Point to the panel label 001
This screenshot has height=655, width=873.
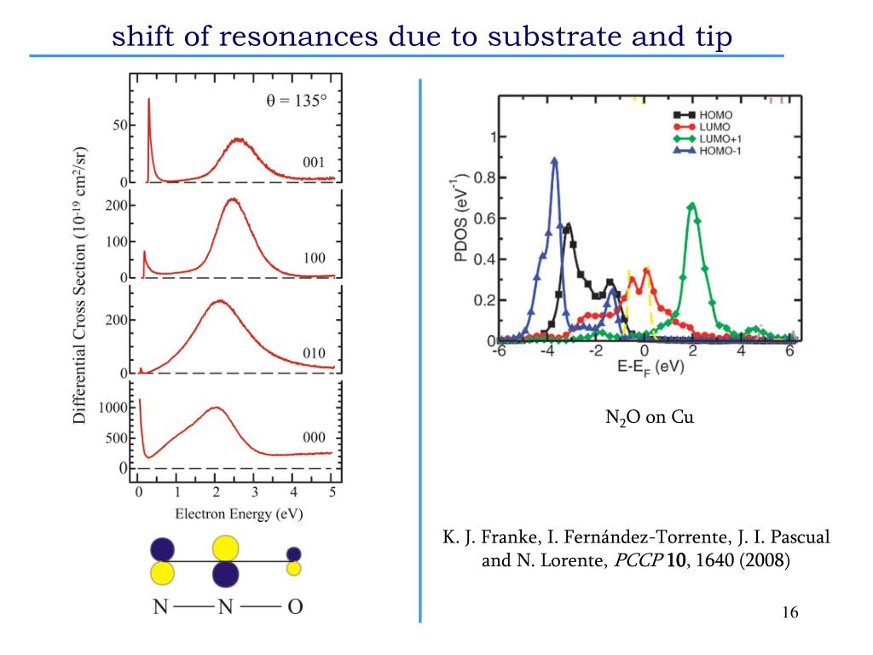[x=315, y=161]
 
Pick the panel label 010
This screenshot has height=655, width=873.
[x=315, y=353]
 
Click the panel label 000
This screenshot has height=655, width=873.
[x=315, y=437]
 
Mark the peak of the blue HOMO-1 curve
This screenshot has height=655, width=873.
[x=555, y=159]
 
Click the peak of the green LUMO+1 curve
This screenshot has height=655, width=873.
[x=692, y=205]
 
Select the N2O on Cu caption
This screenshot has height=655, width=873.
[x=644, y=418]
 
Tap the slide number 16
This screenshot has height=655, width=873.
[x=789, y=614]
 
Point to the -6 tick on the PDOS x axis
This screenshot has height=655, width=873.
[x=501, y=352]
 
